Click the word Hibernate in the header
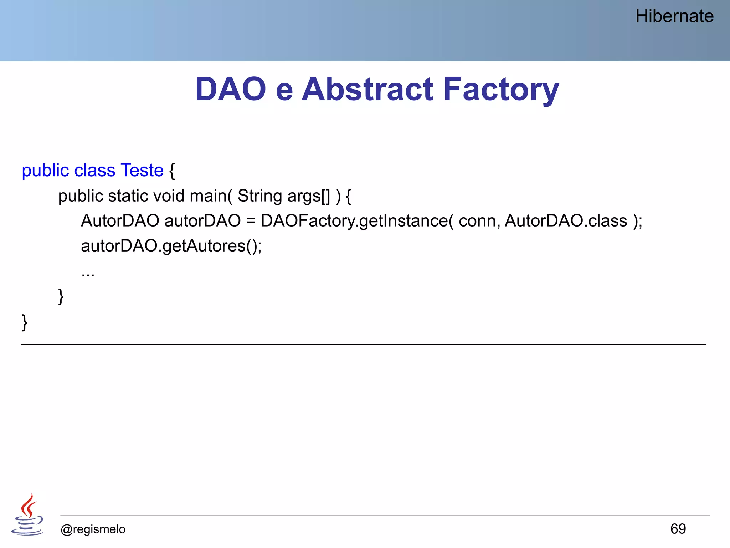coord(674,16)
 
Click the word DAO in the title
coord(231,89)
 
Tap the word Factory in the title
coord(500,89)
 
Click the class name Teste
coord(142,170)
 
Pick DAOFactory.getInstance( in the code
coord(357,221)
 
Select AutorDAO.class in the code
coord(566,221)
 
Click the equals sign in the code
coord(251,221)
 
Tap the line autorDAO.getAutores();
coord(171,246)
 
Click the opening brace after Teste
coord(172,171)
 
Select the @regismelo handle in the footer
coord(93,529)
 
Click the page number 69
coord(678,529)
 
